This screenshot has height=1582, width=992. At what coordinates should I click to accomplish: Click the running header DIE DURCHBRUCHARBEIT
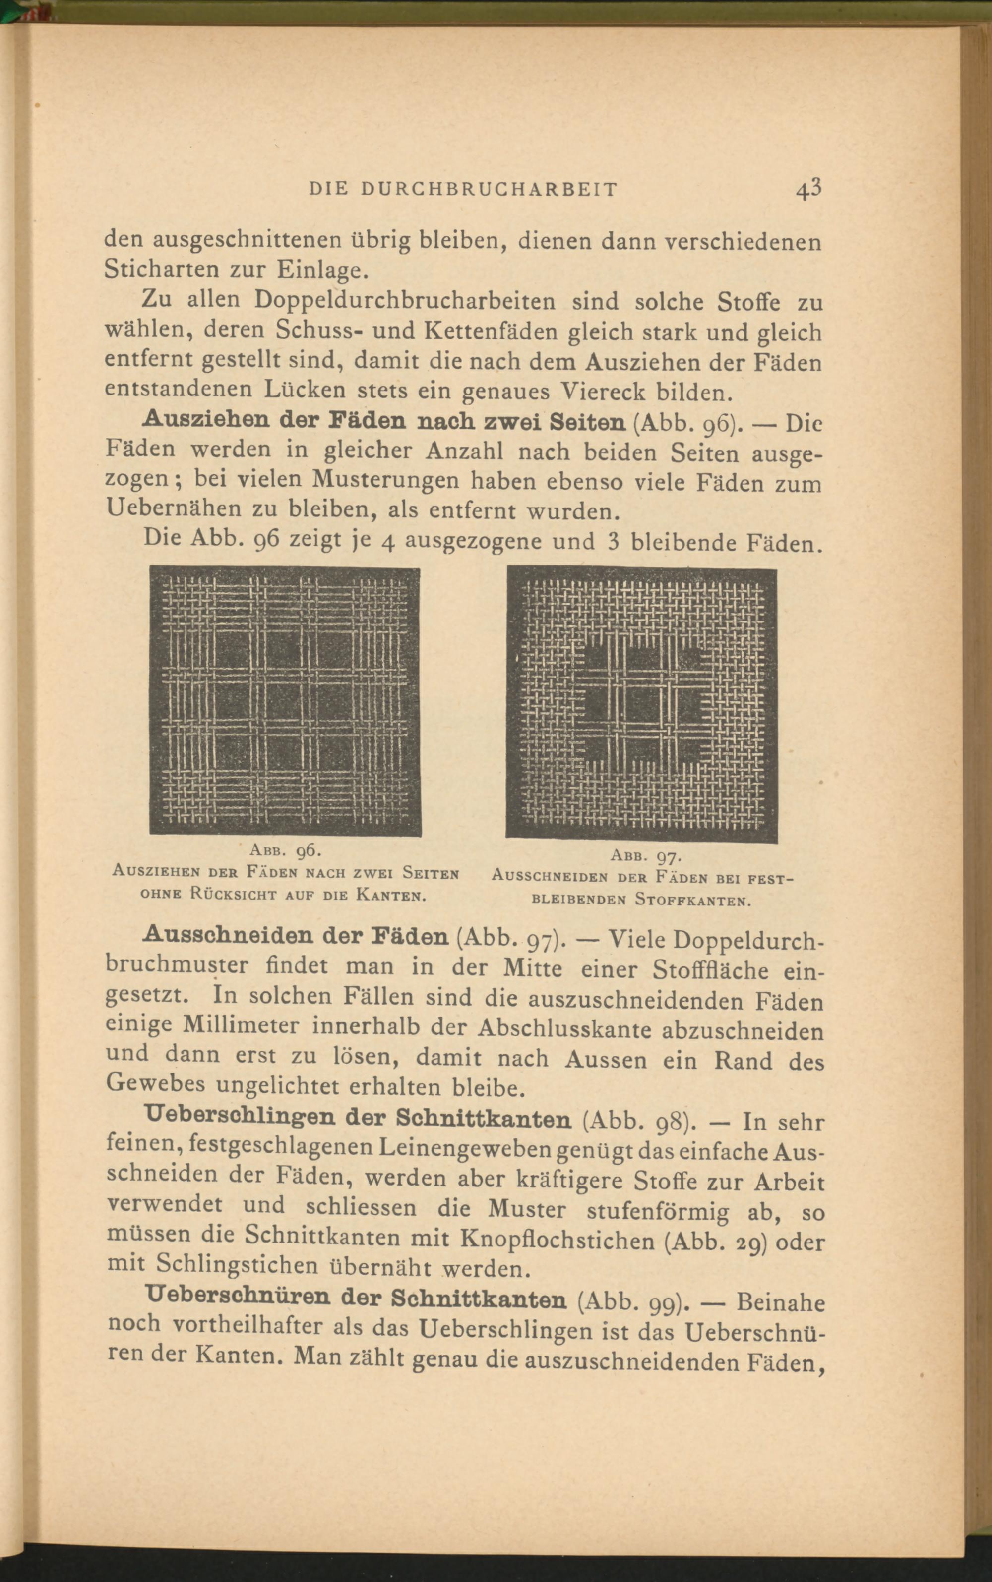pos(463,189)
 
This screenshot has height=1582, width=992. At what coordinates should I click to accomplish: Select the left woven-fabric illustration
pos(285,700)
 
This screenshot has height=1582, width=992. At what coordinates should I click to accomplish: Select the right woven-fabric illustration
pos(642,704)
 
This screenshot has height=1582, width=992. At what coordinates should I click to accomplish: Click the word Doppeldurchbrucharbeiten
pos(405,300)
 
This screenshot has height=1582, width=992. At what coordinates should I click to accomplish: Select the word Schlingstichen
pos(238,1263)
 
